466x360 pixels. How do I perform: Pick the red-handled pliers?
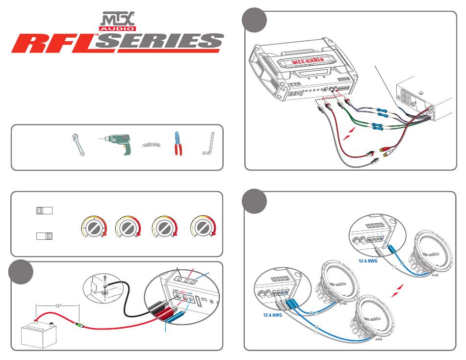click(x=177, y=144)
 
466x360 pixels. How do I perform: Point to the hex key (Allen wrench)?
click(x=207, y=145)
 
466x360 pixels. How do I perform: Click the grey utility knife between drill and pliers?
click(x=151, y=145)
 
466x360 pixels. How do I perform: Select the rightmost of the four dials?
click(x=204, y=228)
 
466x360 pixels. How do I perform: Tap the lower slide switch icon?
click(x=44, y=236)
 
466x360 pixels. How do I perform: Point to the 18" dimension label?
click(x=58, y=305)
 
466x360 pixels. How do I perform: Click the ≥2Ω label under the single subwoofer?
click(x=434, y=275)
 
